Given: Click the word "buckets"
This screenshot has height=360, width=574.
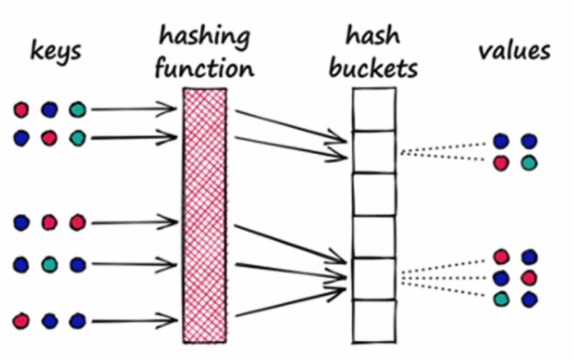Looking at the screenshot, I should pos(374,67).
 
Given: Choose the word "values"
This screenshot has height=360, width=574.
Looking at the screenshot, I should pos(514,52).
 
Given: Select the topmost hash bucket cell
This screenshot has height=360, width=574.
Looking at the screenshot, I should pos(373,109).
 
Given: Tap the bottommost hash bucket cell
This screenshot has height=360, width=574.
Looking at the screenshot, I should pos(373,321).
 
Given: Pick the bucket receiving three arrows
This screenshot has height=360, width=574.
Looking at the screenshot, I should pos(373,279).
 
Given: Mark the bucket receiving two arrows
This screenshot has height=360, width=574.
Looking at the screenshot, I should pos(373,152).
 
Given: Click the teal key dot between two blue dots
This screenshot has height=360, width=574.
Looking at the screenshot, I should pos(50,265).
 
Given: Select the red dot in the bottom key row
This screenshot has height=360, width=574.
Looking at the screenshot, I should pos(21,321).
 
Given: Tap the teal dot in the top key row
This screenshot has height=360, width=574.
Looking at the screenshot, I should pos(77,109).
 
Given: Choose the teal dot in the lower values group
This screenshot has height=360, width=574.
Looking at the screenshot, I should pos(501,298).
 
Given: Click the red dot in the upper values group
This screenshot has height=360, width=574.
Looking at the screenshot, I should pos(501,163).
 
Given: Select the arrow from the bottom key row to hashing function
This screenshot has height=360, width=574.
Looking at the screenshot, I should pos(132,322).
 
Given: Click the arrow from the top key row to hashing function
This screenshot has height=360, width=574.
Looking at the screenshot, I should pos(132,109).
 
